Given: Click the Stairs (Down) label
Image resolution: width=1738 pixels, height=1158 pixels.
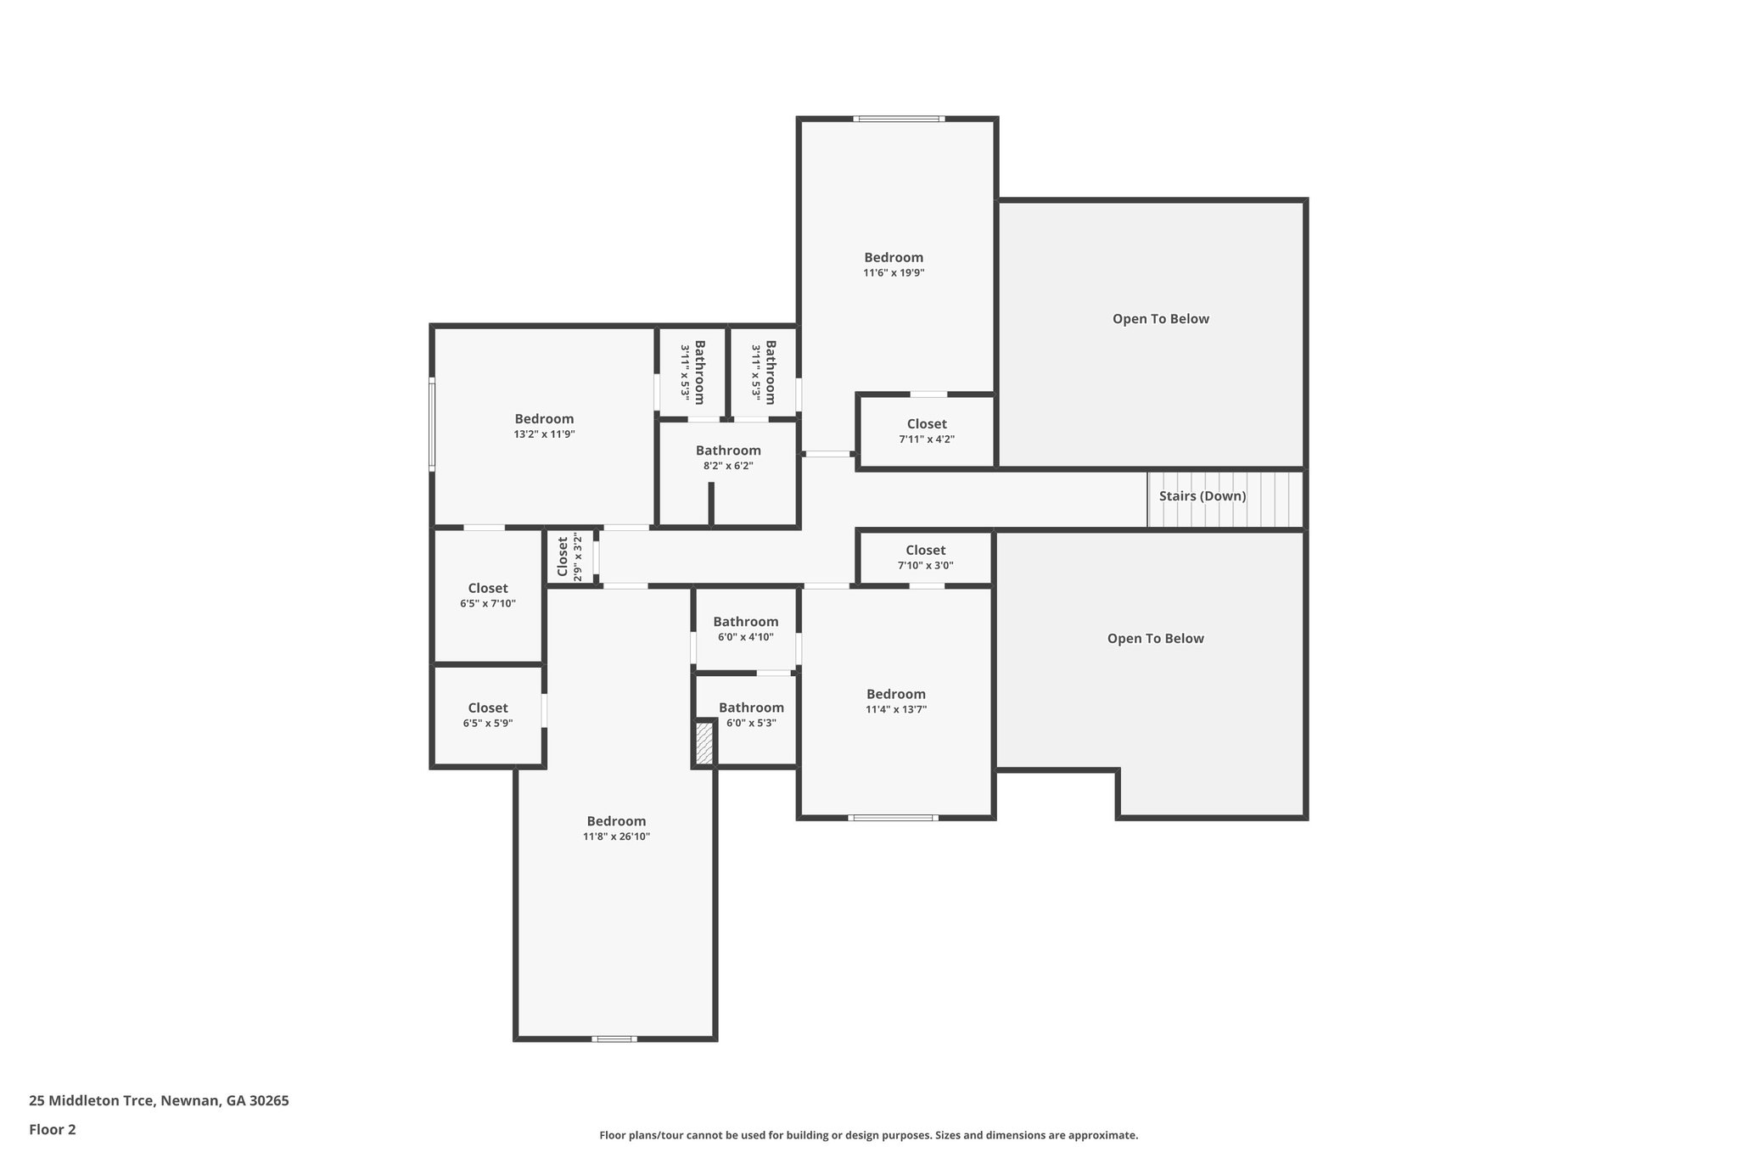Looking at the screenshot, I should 1202,496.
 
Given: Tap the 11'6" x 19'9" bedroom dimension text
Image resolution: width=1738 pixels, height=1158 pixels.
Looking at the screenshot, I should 894,273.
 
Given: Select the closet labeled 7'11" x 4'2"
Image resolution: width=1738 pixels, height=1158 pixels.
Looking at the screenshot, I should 927,431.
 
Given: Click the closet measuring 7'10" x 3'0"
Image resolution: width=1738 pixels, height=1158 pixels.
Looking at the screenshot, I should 925,557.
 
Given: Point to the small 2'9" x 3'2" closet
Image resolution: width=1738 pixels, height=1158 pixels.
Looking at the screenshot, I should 569,557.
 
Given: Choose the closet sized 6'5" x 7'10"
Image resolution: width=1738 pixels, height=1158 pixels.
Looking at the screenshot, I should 488,596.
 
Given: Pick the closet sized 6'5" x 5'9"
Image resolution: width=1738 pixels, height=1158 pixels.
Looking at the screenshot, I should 488,715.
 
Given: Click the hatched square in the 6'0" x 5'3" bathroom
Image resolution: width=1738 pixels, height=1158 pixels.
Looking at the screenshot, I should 704,743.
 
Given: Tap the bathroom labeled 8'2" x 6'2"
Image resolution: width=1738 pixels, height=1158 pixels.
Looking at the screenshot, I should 728,458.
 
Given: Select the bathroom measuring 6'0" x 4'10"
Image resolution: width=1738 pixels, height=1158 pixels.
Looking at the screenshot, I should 745,629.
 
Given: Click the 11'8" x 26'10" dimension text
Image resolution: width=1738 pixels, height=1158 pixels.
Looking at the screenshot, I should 616,836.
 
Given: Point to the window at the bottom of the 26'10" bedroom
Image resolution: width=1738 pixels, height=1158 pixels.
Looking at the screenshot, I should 614,1038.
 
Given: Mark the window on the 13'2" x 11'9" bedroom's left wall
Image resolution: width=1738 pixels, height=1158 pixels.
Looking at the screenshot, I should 432,425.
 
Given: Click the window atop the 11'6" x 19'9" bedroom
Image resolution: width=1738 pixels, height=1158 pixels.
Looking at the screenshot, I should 898,119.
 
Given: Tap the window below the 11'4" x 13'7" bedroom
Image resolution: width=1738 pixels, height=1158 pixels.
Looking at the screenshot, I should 893,818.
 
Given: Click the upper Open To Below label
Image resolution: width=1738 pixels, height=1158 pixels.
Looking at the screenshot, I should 1160,319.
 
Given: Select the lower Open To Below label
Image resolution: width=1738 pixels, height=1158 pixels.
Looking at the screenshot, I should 1155,639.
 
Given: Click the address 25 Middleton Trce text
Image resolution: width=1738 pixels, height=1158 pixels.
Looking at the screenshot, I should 159,1101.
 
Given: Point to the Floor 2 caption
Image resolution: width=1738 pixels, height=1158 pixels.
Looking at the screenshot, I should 53,1130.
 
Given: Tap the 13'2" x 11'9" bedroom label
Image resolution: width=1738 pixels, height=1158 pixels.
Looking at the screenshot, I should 544,419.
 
